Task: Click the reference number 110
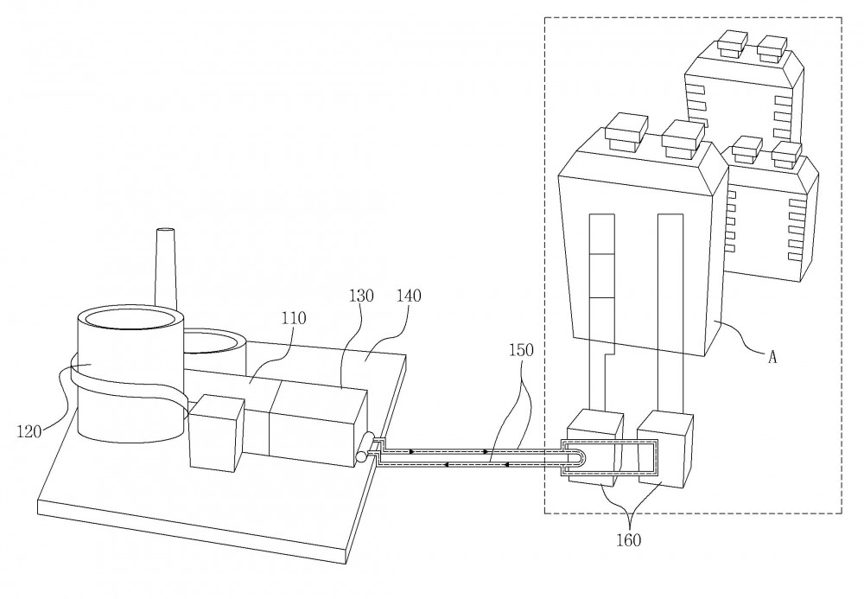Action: click(x=294, y=318)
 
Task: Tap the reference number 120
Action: click(x=29, y=431)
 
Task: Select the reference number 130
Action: click(x=361, y=296)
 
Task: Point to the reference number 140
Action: click(x=409, y=296)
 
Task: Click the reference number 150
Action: click(x=521, y=350)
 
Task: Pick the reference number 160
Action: click(x=629, y=540)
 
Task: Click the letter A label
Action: click(x=772, y=357)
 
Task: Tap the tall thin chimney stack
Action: click(x=166, y=270)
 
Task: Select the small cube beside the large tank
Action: click(x=216, y=433)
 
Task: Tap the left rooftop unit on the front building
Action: click(x=626, y=133)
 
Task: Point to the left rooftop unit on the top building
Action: click(x=733, y=44)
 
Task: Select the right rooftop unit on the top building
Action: click(x=772, y=49)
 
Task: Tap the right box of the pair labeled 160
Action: click(x=665, y=450)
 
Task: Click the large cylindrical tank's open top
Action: click(x=131, y=320)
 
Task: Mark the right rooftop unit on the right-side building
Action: click(x=787, y=155)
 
